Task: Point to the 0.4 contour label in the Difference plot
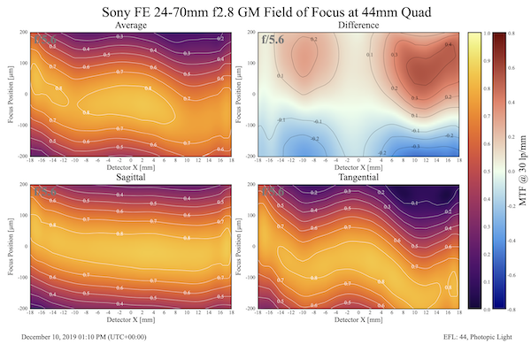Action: click(x=449, y=44)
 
